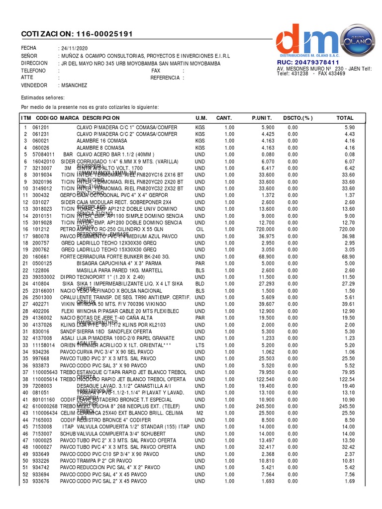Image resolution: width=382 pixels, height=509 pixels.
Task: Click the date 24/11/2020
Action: click(x=74, y=48)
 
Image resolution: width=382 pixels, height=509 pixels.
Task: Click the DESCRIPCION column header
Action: click(x=101, y=118)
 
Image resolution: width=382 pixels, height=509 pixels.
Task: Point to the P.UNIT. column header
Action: click(x=262, y=118)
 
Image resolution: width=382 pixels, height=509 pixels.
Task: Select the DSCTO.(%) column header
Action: click(x=298, y=118)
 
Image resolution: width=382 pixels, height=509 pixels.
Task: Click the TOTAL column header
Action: click(x=345, y=118)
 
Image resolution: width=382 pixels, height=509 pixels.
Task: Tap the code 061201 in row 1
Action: click(x=40, y=128)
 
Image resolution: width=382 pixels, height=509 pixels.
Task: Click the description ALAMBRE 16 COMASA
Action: click(x=101, y=141)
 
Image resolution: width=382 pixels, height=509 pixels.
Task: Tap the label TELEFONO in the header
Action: click(x=33, y=71)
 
